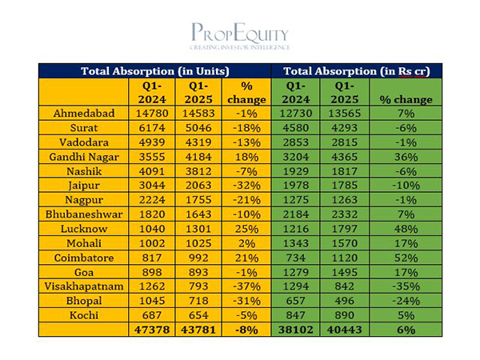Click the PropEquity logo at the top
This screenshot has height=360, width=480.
pyautogui.click(x=240, y=36)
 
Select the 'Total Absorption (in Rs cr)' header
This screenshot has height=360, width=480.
pyautogui.click(x=357, y=71)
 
